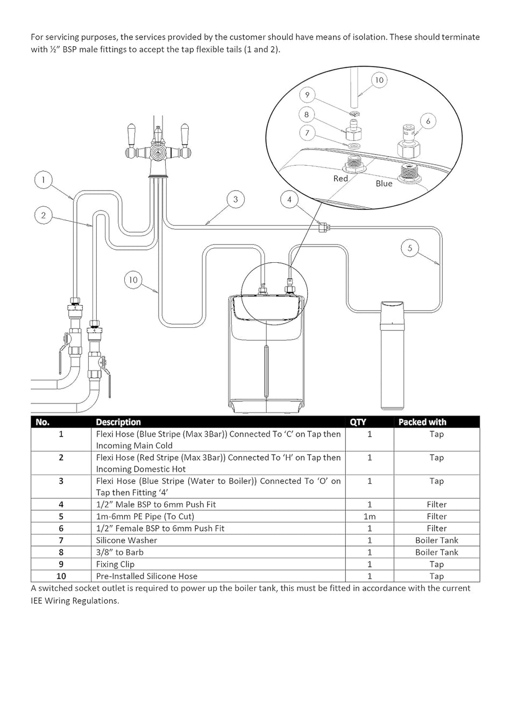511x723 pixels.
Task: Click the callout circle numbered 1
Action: tap(44, 180)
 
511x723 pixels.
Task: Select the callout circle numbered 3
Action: tap(236, 199)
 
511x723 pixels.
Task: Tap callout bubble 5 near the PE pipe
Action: tap(410, 248)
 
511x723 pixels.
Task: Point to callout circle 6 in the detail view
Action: tap(428, 121)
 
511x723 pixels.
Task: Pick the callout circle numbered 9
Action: tap(307, 95)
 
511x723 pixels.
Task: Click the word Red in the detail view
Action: tap(340, 179)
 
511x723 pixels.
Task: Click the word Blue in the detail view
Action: tap(384, 184)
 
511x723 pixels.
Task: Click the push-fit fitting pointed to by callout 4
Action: tap(323, 228)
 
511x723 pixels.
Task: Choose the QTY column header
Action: tap(358, 422)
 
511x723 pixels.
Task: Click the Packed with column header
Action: tap(422, 422)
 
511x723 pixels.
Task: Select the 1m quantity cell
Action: tap(370, 516)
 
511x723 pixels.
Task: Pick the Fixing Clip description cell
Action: tap(115, 564)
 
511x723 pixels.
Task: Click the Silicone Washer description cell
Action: tap(126, 540)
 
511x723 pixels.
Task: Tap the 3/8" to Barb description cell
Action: tap(119, 552)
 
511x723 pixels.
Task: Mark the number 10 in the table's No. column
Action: tap(61, 576)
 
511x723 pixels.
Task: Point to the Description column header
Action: tap(118, 422)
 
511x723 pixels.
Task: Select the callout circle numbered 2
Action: tap(44, 216)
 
